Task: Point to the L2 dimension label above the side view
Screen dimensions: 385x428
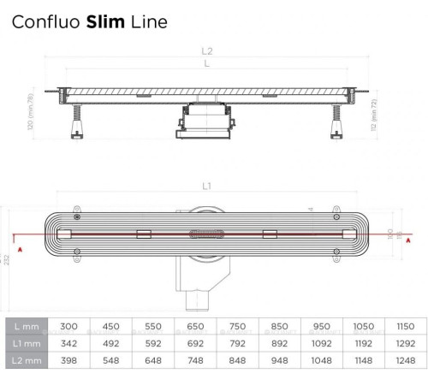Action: [208, 53]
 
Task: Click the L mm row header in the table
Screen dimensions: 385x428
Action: [26, 326]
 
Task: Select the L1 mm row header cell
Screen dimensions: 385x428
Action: [26, 344]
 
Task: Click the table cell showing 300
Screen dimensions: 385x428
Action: [68, 326]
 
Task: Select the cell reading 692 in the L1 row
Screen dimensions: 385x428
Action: [195, 344]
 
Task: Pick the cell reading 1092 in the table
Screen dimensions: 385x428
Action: [322, 344]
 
